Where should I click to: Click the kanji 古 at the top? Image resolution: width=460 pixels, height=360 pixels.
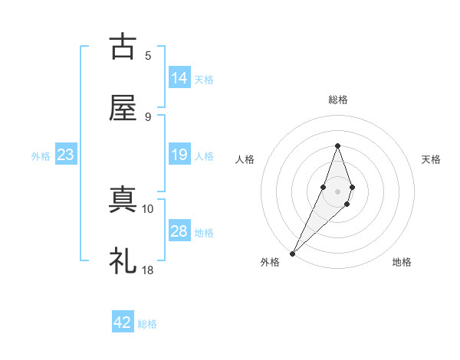(x=123, y=47)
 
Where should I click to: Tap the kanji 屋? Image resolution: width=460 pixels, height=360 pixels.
(x=123, y=109)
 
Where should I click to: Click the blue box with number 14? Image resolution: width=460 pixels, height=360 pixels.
(x=179, y=78)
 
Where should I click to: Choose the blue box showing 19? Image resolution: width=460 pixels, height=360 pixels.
(x=179, y=155)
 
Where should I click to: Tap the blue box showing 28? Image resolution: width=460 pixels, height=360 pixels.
(x=179, y=231)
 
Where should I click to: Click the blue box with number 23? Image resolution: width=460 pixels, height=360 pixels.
(x=66, y=155)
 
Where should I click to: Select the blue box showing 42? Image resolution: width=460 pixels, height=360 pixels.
(x=123, y=322)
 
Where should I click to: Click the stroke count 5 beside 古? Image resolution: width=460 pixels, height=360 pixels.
(x=148, y=55)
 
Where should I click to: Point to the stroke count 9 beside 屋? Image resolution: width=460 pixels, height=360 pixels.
(x=148, y=116)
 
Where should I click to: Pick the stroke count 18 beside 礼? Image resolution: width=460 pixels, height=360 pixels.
(x=148, y=270)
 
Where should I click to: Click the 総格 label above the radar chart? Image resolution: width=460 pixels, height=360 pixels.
(x=337, y=100)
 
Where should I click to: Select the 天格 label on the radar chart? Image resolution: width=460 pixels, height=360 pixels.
(x=431, y=159)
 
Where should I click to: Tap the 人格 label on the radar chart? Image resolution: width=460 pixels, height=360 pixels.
(x=245, y=159)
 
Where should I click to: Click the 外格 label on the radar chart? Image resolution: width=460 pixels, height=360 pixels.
(x=270, y=262)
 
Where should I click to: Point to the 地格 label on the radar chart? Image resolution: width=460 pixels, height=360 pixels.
(x=402, y=262)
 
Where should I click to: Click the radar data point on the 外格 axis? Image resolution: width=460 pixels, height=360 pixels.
(x=293, y=252)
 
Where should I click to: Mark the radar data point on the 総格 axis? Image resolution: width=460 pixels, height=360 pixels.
(x=337, y=146)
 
